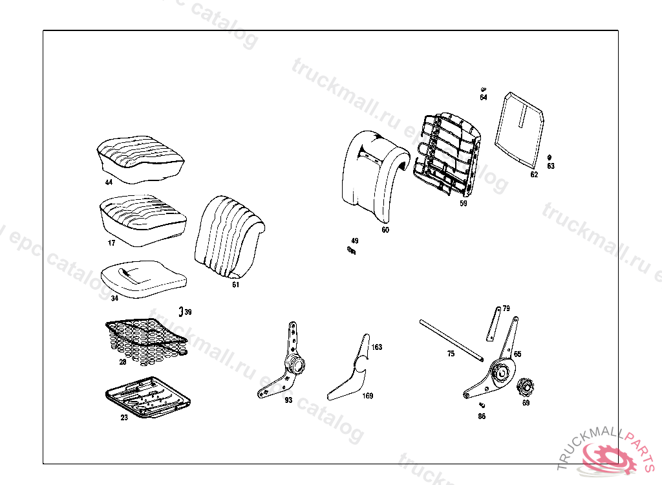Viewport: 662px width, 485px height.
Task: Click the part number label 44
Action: pyautogui.click(x=109, y=183)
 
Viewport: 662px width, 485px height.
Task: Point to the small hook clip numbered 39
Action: pyautogui.click(x=181, y=310)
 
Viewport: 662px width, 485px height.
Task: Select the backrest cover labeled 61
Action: pyautogui.click(x=230, y=236)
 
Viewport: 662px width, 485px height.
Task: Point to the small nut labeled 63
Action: pyautogui.click(x=550, y=158)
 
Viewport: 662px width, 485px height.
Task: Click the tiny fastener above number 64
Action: pyautogui.click(x=484, y=89)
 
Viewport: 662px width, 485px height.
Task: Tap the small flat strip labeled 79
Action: pyautogui.click(x=493, y=323)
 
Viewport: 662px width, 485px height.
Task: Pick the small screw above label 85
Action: pyautogui.click(x=482, y=405)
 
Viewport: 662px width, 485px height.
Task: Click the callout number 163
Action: pyautogui.click(x=376, y=347)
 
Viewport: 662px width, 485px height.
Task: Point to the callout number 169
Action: pyautogui.click(x=367, y=396)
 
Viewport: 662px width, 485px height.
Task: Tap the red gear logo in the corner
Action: pyautogui.click(x=608, y=457)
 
